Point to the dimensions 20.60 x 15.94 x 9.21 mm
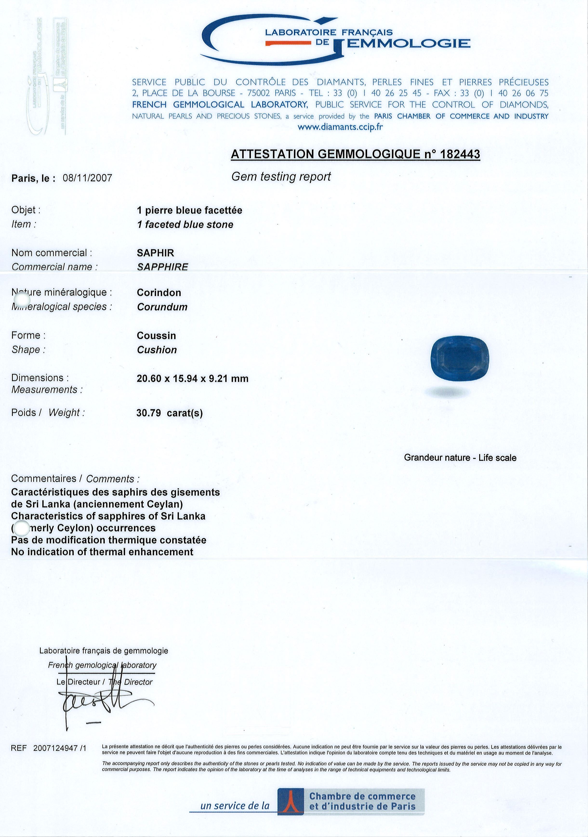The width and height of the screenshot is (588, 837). (193, 379)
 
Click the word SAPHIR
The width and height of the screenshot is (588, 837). (155, 253)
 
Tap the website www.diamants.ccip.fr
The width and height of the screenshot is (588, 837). (340, 127)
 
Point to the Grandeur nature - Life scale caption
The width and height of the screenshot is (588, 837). (460, 458)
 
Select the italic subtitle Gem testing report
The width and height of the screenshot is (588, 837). (281, 177)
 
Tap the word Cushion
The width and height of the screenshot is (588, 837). (157, 350)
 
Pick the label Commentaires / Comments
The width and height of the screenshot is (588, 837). (75, 479)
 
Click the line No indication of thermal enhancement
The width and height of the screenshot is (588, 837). (102, 552)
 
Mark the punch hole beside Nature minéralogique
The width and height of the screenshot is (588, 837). (21, 300)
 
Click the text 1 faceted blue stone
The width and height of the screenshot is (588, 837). (185, 225)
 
